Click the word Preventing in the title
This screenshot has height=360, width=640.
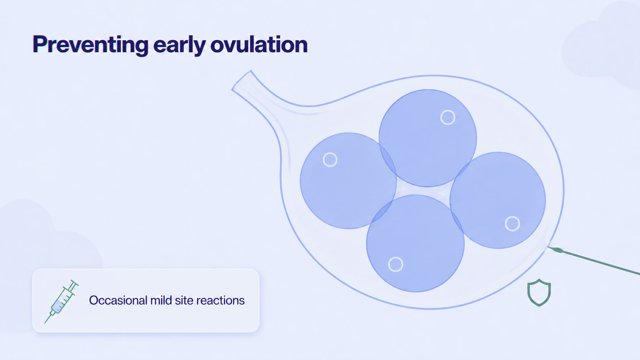91,45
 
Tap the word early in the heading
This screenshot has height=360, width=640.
180,45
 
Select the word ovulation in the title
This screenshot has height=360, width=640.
259,44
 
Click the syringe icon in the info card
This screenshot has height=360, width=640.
61,301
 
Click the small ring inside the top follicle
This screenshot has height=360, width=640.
448,110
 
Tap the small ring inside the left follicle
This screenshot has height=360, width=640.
330,153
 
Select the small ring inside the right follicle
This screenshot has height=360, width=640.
512,217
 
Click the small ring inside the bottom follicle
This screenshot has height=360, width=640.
396,257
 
